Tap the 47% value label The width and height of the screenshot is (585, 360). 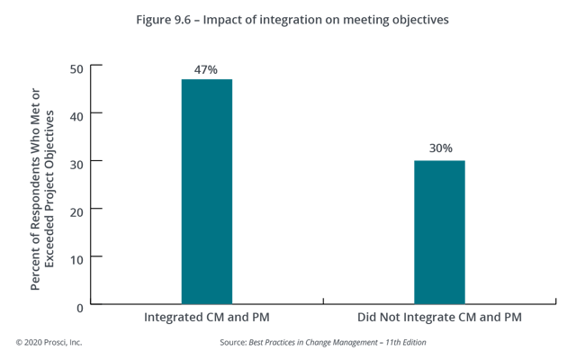pyautogui.click(x=207, y=69)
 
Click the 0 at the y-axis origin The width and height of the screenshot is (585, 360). pyautogui.click(x=80, y=306)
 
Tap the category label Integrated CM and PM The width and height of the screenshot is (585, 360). pyautogui.click(x=206, y=319)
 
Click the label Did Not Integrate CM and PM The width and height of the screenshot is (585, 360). pyautogui.click(x=439, y=319)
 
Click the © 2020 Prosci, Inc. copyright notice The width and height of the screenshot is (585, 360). pyautogui.click(x=49, y=343)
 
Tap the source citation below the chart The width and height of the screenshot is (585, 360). pyautogui.click(x=321, y=343)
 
